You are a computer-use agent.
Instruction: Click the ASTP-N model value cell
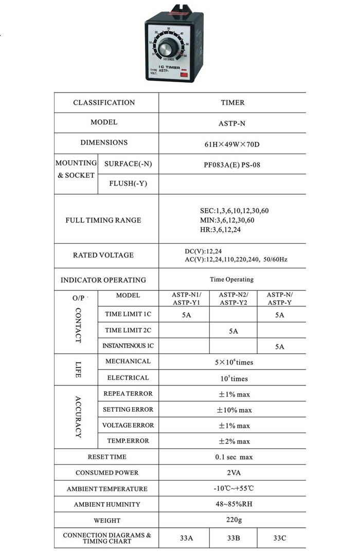(232, 123)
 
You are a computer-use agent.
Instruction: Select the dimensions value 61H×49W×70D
(232, 144)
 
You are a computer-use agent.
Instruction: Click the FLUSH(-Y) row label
(128, 183)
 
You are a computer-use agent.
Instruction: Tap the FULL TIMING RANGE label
(103, 220)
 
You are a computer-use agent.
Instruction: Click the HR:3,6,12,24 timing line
(220, 229)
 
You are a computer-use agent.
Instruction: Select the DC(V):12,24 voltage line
(206, 251)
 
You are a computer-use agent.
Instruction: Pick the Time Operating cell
(231, 280)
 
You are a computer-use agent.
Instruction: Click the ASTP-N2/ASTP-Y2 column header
(233, 299)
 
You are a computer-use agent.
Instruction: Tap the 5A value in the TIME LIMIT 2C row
(233, 331)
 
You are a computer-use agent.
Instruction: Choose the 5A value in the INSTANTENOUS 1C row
(279, 347)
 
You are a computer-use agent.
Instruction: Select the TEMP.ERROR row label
(128, 441)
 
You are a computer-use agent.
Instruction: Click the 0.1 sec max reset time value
(234, 457)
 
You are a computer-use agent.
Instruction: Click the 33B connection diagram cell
(233, 538)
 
